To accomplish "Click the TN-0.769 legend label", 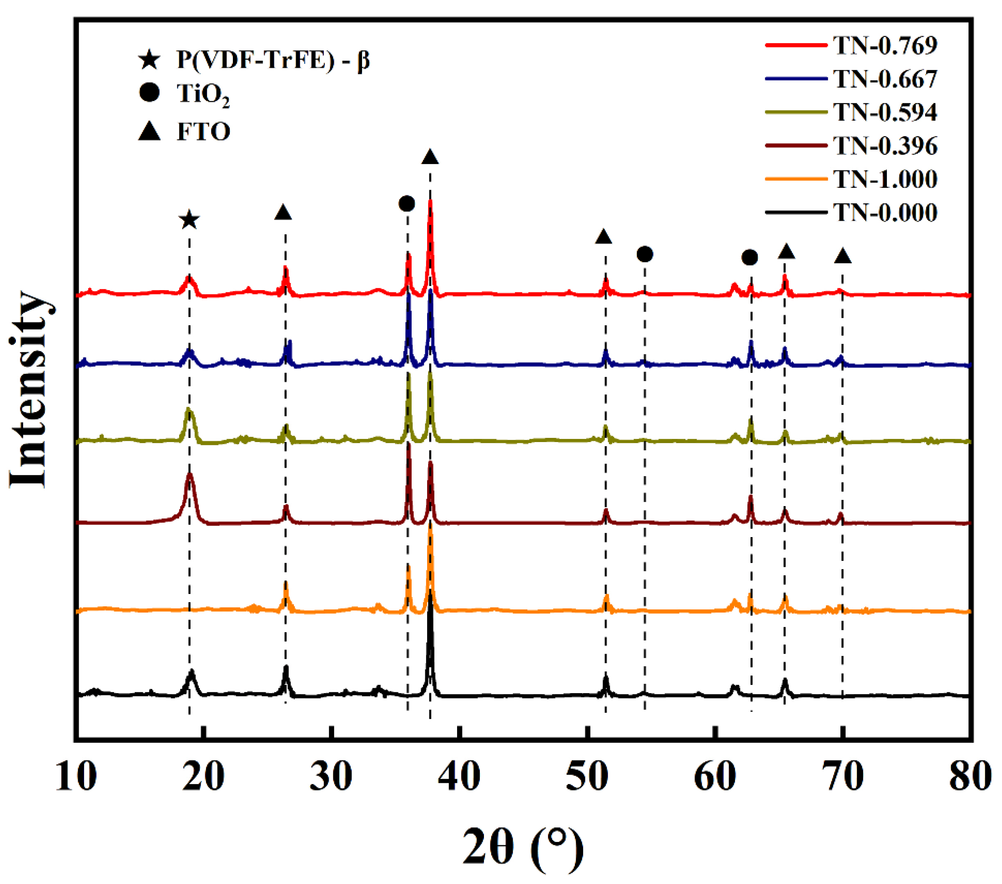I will point(885,45).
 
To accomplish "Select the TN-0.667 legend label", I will point(885,79).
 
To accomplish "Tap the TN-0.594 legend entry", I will point(885,112).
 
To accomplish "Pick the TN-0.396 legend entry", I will point(885,146).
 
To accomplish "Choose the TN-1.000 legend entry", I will point(885,180).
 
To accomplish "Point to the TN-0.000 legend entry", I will point(885,213).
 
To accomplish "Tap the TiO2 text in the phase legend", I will point(203,94).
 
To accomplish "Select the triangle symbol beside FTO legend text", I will point(150,131).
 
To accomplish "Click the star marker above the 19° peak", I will point(189,221).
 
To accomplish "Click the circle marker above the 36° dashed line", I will point(407,203).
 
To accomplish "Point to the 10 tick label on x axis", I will point(76,777).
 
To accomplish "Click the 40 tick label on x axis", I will point(459,777).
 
